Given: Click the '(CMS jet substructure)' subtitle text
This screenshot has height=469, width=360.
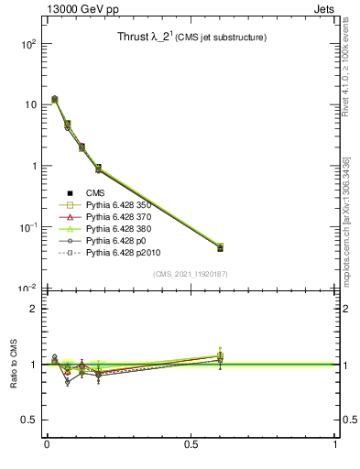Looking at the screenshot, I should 223,38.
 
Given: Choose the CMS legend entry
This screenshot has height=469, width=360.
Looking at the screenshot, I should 94,192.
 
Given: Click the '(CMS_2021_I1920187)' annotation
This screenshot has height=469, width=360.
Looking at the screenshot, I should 191,274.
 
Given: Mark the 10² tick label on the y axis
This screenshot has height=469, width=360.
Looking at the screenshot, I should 27,44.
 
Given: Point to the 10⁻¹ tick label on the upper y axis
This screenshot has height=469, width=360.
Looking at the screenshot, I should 27,227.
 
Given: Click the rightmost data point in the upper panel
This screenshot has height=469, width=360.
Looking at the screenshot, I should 220,247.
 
